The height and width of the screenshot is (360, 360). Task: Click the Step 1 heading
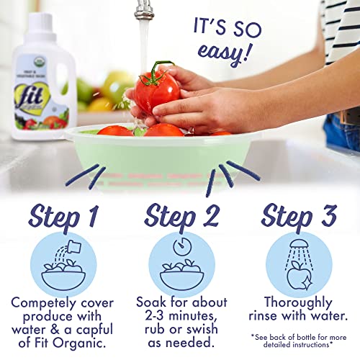(x=63, y=215)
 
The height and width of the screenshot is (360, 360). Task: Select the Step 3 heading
(x=297, y=215)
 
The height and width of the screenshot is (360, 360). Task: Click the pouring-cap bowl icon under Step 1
(x=63, y=264)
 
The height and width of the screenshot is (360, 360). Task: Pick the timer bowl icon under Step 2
(x=181, y=264)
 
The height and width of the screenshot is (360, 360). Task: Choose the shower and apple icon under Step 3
(x=297, y=264)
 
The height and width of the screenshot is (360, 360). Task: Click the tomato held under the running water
(x=156, y=89)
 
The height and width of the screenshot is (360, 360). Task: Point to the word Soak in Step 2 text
(x=153, y=303)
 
